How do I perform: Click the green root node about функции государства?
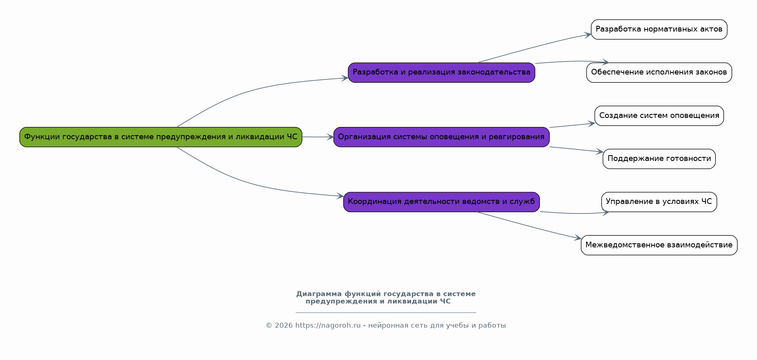tap(161, 137)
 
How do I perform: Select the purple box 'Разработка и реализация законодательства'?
tap(441, 72)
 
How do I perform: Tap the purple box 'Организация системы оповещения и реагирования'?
tap(441, 137)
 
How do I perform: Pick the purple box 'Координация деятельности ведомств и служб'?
tap(441, 202)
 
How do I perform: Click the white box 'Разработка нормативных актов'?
tap(659, 29)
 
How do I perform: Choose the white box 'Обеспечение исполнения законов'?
tap(659, 72)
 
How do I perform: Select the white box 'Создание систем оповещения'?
tap(659, 115)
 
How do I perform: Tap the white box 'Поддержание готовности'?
tap(659, 158)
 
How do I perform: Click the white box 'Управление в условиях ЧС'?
tap(659, 202)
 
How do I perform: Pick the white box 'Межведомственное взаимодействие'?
tap(659, 245)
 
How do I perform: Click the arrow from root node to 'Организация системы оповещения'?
tap(317, 137)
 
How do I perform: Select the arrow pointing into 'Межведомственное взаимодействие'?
tap(528, 226)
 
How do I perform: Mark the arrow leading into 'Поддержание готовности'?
tap(576, 149)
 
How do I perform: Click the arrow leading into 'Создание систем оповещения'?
tap(571, 125)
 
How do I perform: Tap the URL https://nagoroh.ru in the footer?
tap(328, 326)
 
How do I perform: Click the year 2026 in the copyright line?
tap(283, 326)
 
